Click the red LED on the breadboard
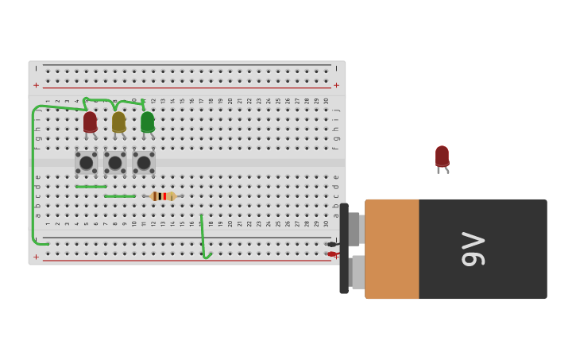click(x=90, y=122)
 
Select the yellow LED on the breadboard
click(x=118, y=122)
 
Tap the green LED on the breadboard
click(x=147, y=122)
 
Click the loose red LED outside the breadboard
click(x=442, y=156)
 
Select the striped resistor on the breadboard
click(x=163, y=196)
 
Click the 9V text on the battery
click(x=474, y=249)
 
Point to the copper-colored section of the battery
click(x=392, y=249)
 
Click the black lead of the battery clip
click(x=331, y=244)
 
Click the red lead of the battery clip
click(x=331, y=254)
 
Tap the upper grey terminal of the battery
click(x=354, y=229)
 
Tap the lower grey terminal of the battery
click(x=358, y=272)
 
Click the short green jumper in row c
click(x=91, y=187)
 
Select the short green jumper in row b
click(x=119, y=196)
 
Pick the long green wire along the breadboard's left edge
click(x=33, y=175)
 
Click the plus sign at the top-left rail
click(x=36, y=85)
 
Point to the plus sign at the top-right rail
click(x=336, y=85)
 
